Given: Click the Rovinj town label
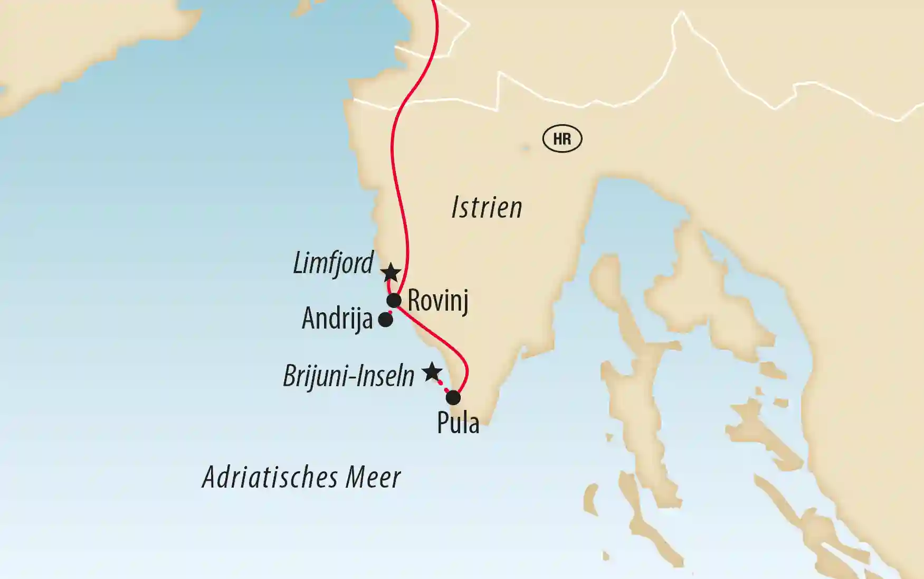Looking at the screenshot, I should click(438, 301).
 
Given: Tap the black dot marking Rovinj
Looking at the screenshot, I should click(394, 301).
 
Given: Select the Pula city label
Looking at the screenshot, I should click(458, 423).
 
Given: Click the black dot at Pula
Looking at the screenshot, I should click(453, 397).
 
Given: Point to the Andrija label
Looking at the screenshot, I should click(337, 319).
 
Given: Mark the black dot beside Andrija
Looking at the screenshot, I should click(386, 320).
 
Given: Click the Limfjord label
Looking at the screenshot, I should click(333, 263).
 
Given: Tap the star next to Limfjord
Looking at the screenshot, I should click(390, 273).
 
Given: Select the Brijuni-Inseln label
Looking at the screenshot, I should click(348, 376).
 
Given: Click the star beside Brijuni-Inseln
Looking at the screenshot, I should click(432, 372).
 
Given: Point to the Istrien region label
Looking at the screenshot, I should click(487, 207).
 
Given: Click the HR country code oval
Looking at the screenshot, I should click(562, 139).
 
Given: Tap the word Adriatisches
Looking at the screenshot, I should click(271, 477).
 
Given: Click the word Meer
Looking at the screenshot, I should click(373, 477).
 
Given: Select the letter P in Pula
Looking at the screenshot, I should click(442, 423).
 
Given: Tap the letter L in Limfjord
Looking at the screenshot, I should click(299, 263).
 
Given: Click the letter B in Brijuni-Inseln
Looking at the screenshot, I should click(289, 376).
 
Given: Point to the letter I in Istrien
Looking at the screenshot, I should click(455, 207).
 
